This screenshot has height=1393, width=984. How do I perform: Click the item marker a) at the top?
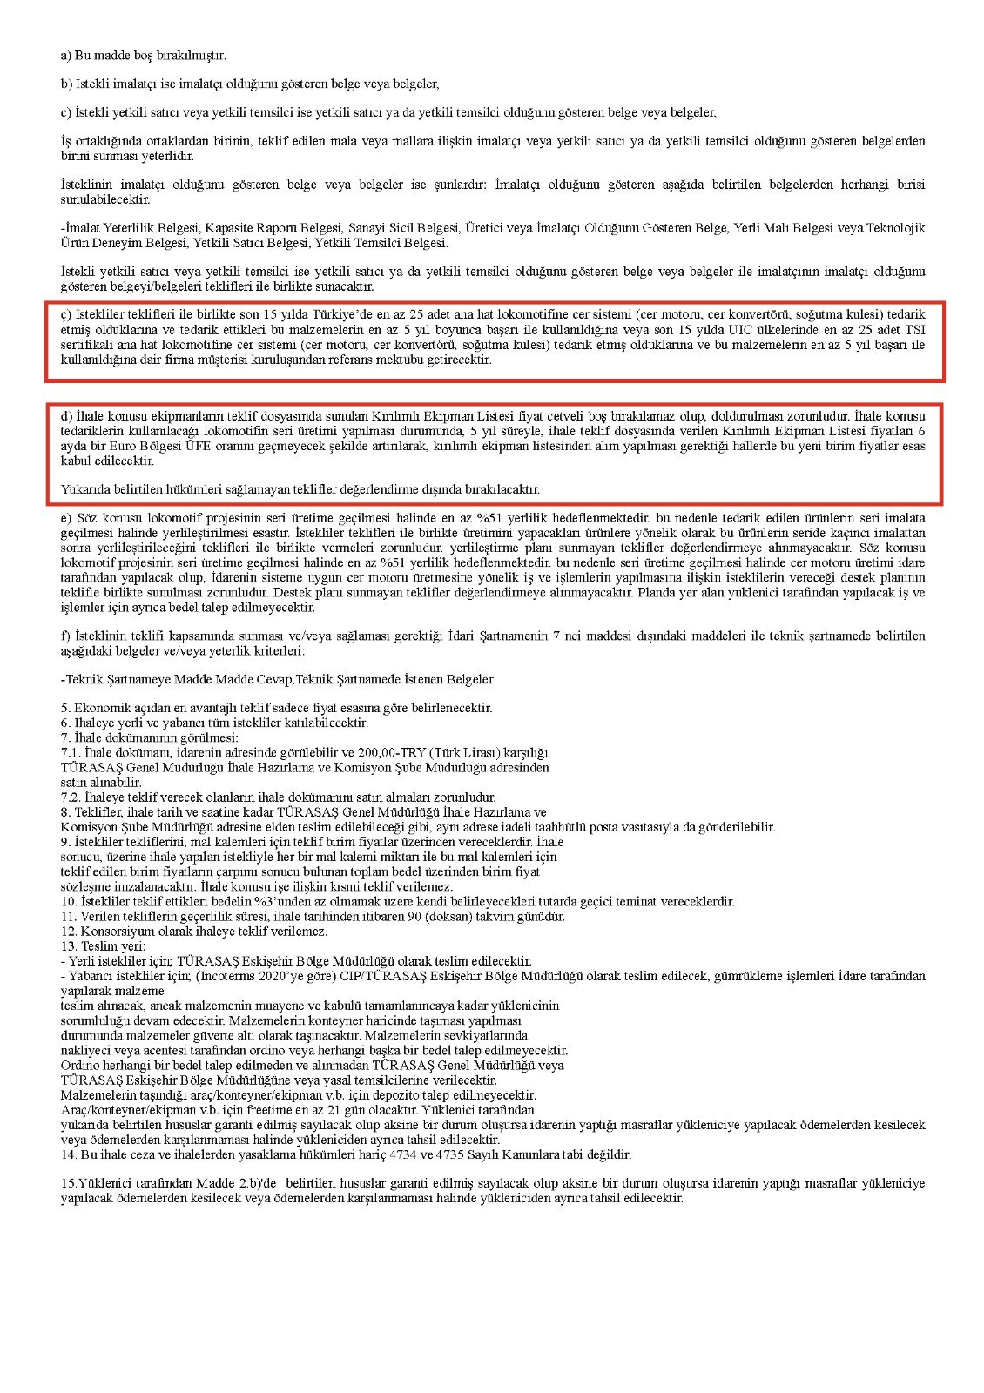(x=66, y=56)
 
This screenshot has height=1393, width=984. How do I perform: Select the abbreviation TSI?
(x=913, y=329)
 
